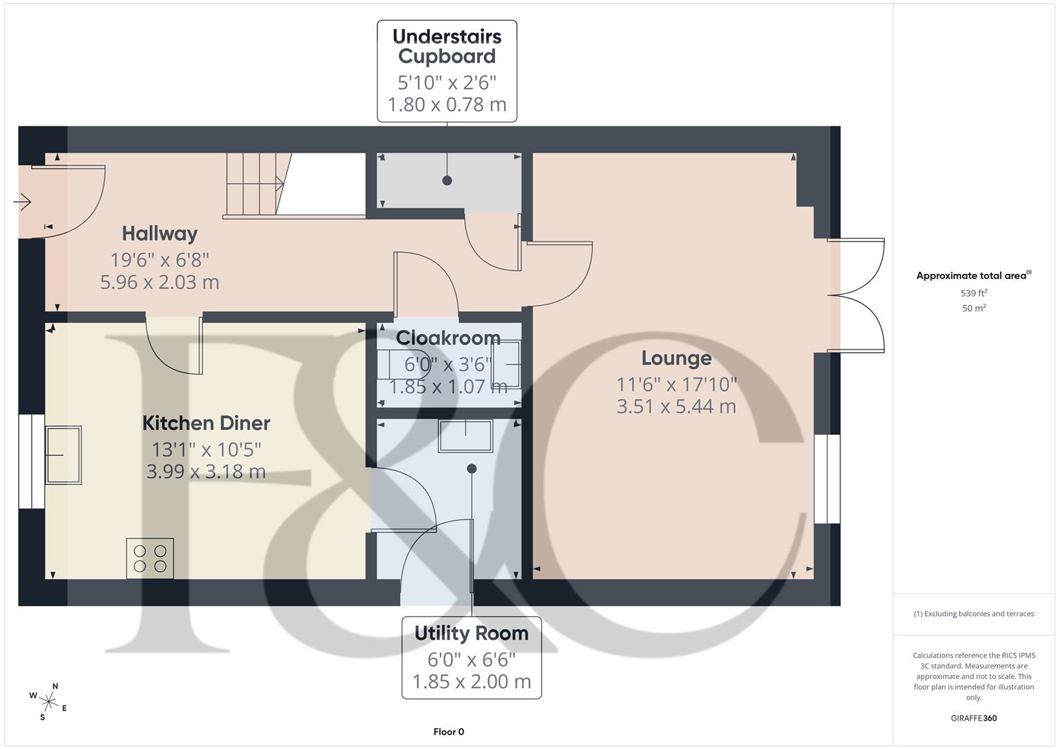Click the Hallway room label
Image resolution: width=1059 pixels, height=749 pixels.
[160, 234]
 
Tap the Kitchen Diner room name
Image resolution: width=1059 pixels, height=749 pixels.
[206, 423]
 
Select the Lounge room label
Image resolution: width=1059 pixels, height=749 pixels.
[676, 359]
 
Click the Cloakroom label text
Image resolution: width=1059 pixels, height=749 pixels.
[448, 338]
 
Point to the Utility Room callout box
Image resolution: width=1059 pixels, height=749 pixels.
[472, 657]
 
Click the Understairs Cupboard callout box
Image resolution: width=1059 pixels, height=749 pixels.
[447, 71]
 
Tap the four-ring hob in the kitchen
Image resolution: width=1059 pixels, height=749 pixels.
[150, 558]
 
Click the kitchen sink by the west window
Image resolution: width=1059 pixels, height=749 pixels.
[63, 455]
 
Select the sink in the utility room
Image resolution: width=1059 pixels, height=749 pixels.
[465, 436]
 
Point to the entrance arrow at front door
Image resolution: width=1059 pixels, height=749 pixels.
[22, 203]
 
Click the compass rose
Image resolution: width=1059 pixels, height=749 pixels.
[49, 701]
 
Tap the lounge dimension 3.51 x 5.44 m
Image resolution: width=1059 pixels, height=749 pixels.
[676, 406]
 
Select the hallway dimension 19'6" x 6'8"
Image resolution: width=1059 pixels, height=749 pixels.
[160, 260]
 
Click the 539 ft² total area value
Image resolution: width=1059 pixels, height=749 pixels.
[974, 293]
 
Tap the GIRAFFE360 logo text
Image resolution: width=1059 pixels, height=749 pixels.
[974, 718]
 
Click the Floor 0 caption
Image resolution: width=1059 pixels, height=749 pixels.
[449, 732]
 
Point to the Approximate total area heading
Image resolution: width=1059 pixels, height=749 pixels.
[973, 276]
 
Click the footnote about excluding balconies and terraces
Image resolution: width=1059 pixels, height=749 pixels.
[974, 614]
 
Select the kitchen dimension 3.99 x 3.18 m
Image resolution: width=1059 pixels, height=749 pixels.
[206, 472]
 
